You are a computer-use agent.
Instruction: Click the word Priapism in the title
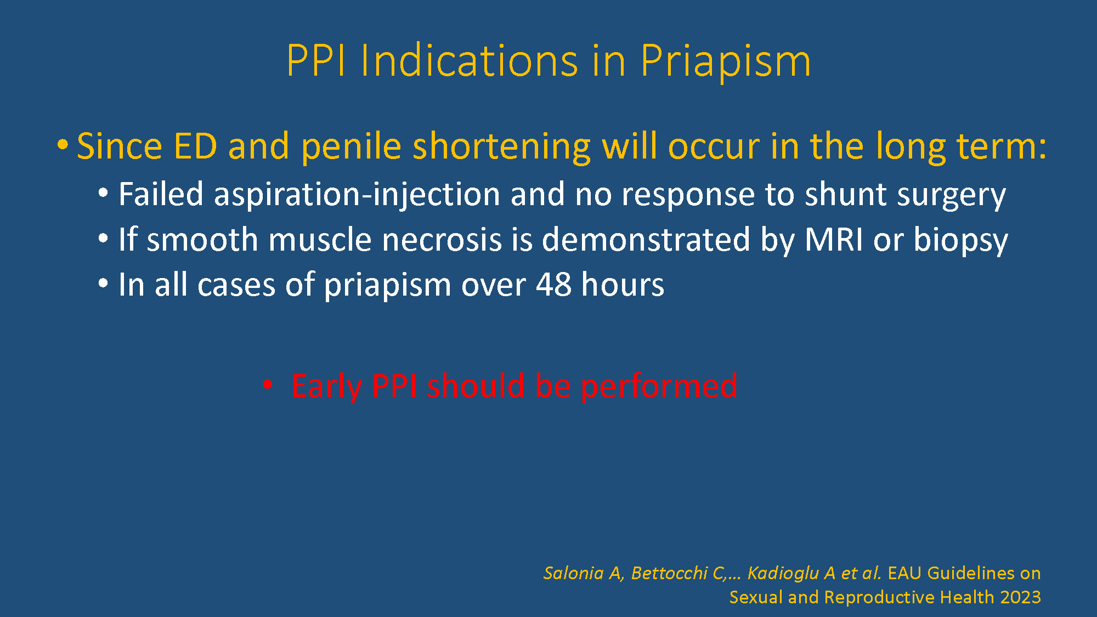[725, 61]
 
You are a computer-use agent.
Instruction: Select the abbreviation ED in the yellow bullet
[195, 146]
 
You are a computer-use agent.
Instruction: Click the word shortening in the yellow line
[501, 147]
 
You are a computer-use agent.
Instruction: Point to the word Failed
[161, 194]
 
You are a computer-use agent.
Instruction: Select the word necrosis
[442, 240]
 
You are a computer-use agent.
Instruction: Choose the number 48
[553, 285]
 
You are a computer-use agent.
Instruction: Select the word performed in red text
[659, 386]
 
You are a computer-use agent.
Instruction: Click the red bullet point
[268, 384]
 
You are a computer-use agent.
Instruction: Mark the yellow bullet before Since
[63, 145]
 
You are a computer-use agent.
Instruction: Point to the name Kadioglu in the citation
[783, 574]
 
